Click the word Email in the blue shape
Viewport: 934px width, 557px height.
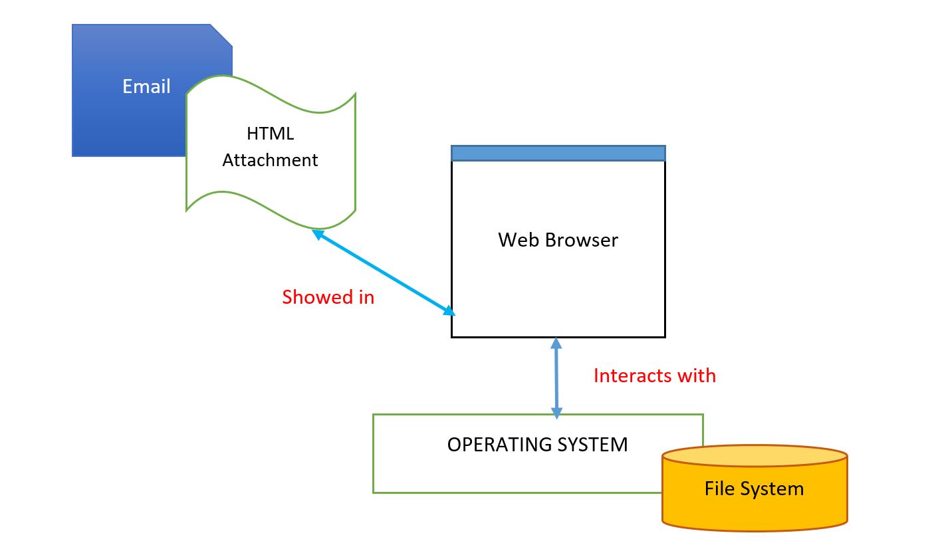(146, 86)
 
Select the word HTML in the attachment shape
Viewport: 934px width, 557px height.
(270, 134)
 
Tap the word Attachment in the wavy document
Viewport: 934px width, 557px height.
(270, 160)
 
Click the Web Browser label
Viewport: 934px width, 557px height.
(558, 240)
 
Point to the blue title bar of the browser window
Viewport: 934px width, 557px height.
(558, 153)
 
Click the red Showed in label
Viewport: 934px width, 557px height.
(328, 297)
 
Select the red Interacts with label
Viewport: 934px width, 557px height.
(655, 376)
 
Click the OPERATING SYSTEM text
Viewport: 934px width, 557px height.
(538, 445)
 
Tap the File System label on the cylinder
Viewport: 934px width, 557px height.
(755, 489)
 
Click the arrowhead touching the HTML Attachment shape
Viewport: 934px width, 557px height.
(318, 235)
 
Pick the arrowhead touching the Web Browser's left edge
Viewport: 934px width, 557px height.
(449, 311)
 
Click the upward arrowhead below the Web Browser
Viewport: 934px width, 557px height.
(556, 343)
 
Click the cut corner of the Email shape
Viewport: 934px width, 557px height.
(221, 35)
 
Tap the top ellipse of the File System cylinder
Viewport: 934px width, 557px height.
(755, 456)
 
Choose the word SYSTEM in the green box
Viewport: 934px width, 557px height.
(592, 445)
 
